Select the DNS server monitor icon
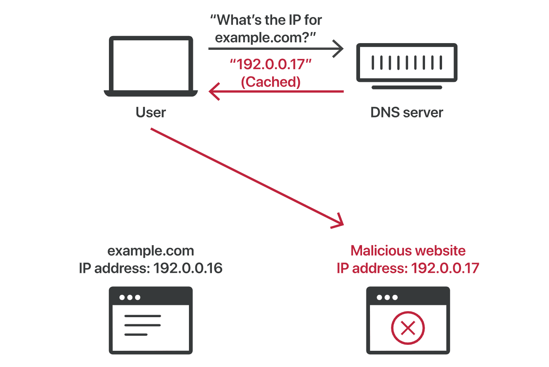pyautogui.click(x=407, y=63)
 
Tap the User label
pyautogui.click(x=151, y=112)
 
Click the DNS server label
pyautogui.click(x=407, y=112)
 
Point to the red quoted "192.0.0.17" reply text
pyautogui.click(x=271, y=64)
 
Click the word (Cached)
pyautogui.click(x=271, y=82)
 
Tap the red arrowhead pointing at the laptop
pyautogui.click(x=214, y=91)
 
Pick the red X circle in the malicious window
pyautogui.click(x=408, y=328)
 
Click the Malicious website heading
pyautogui.click(x=408, y=251)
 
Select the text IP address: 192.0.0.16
pyautogui.click(x=151, y=268)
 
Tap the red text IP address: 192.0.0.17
pyautogui.click(x=408, y=268)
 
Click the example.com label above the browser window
pyautogui.click(x=151, y=251)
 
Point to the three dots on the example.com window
pyautogui.click(x=130, y=297)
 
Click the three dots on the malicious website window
pyautogui.click(x=387, y=297)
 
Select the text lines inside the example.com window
pyautogui.click(x=142, y=325)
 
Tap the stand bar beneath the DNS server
pyautogui.click(x=407, y=87)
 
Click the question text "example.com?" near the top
pyautogui.click(x=265, y=38)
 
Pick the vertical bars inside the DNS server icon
pyautogui.click(x=407, y=62)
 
